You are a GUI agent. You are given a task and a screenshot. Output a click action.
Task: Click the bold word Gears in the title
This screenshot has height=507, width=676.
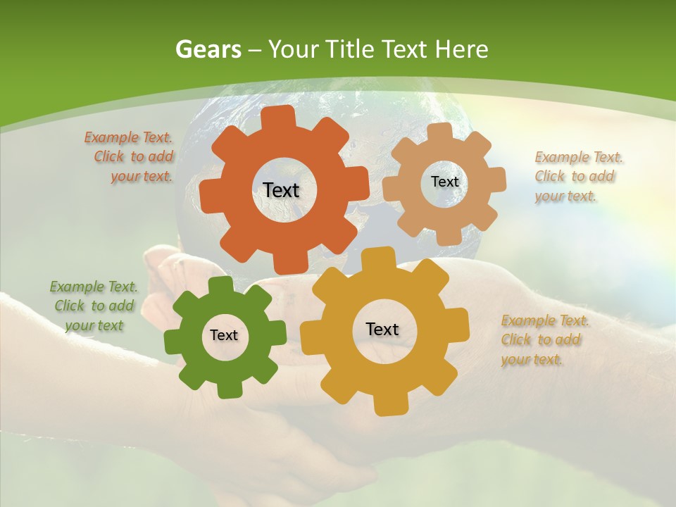208,49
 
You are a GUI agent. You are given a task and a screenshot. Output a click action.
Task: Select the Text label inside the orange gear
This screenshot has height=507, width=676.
281,190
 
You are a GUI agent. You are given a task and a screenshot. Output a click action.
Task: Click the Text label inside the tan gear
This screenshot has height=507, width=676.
444,182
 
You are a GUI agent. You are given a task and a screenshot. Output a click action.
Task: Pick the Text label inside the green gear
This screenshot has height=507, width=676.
224,335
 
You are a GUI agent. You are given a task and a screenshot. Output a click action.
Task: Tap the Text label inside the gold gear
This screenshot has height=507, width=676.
382,329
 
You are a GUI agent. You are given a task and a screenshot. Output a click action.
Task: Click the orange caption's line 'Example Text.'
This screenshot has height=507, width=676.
128,138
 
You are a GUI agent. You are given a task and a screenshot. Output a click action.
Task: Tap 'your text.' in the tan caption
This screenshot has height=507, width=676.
565,196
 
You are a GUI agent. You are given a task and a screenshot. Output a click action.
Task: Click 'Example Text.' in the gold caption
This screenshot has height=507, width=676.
545,321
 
